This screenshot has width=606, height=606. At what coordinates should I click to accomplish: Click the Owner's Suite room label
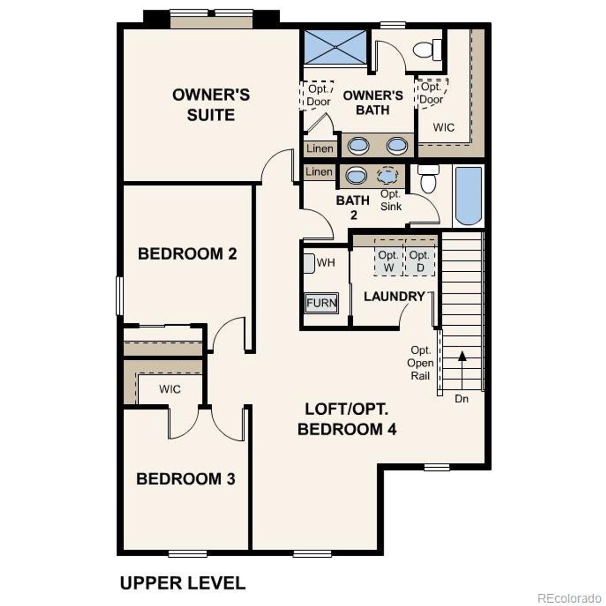click(211, 105)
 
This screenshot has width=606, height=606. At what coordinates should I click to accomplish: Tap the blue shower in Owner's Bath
click(335, 46)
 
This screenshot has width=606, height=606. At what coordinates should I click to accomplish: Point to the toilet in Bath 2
click(429, 179)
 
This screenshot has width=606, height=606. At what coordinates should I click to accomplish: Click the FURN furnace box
click(321, 303)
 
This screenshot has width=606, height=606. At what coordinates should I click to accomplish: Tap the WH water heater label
click(326, 263)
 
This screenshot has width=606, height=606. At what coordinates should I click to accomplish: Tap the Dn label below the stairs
click(462, 399)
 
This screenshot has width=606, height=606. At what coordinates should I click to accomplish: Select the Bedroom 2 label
click(187, 254)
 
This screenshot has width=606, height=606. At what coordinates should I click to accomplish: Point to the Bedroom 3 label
click(186, 479)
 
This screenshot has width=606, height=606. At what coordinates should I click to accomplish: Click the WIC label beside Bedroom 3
click(169, 389)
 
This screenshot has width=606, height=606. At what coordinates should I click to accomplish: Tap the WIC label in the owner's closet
click(444, 127)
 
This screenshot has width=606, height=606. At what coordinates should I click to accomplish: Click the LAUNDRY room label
click(394, 296)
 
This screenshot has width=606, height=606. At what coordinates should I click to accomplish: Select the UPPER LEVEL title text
click(183, 583)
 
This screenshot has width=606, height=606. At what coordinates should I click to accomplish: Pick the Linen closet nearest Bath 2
click(319, 172)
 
